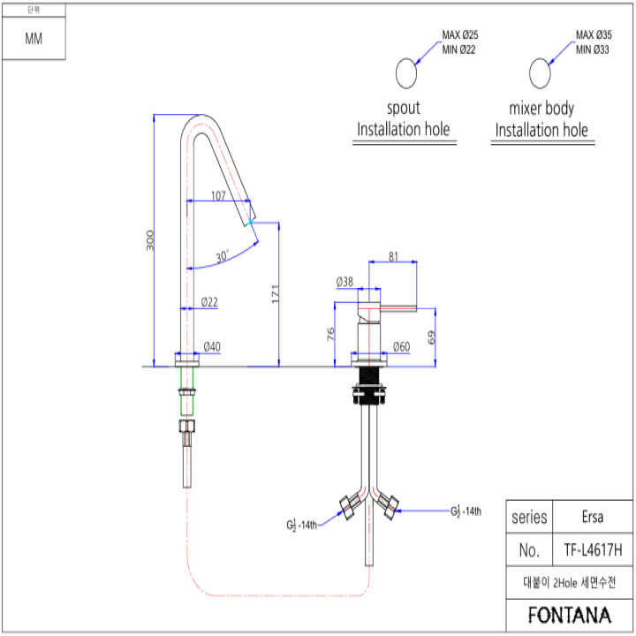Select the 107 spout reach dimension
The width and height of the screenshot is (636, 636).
[219, 195]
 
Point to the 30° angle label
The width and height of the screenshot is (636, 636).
[222, 256]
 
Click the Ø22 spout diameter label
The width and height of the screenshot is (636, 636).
[209, 302]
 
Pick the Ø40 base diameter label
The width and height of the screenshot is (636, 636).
[212, 346]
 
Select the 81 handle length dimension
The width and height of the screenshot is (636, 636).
[393, 257]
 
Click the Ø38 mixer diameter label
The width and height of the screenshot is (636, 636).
[344, 283]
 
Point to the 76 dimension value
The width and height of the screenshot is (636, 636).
[330, 334]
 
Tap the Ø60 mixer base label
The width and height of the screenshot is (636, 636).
[401, 346]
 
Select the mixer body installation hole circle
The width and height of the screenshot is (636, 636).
[541, 72]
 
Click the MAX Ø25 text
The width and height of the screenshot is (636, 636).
[460, 35]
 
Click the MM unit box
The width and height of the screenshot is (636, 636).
[34, 40]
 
